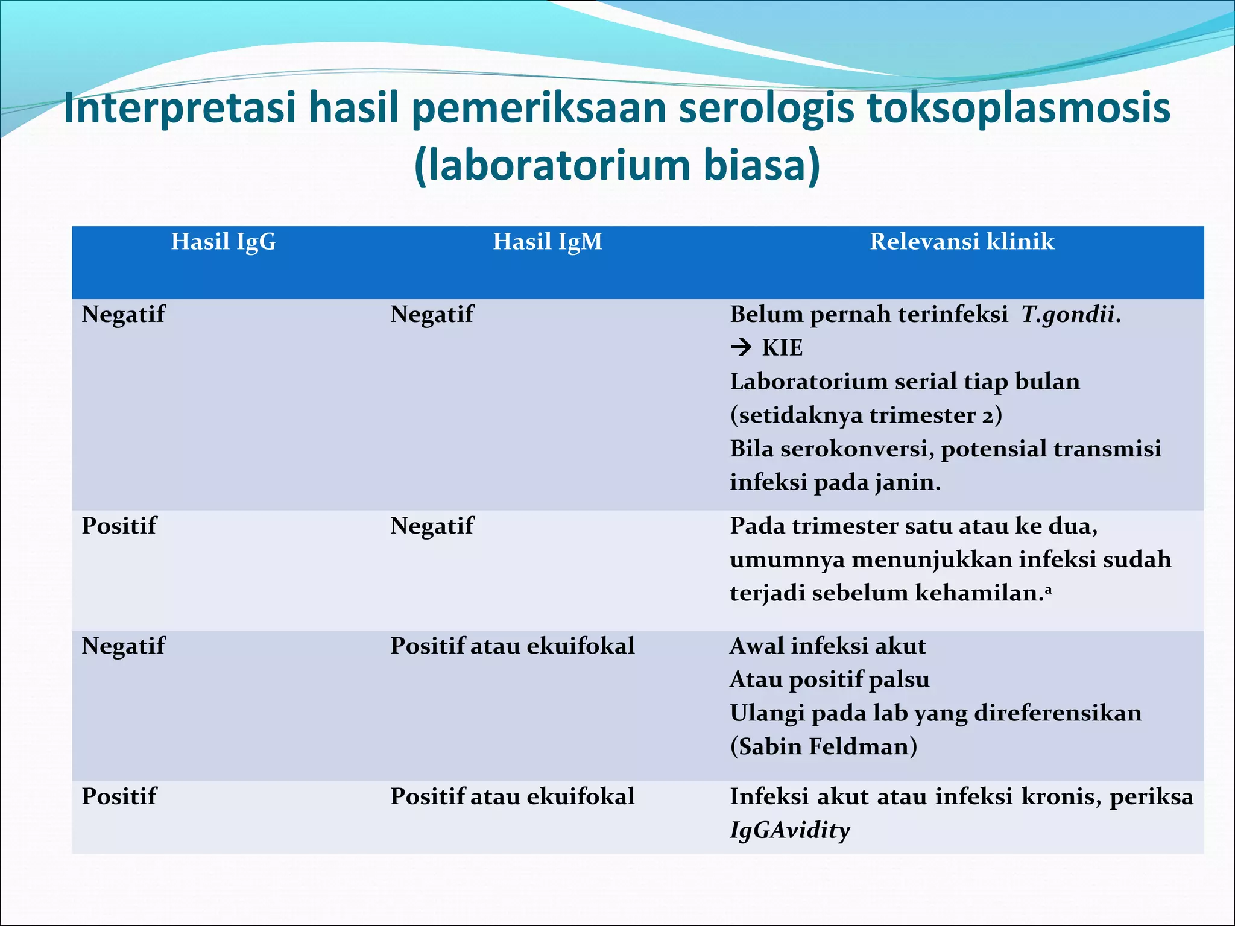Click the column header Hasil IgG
tap(223, 242)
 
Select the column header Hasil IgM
tap(547, 242)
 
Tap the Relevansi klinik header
tap(961, 242)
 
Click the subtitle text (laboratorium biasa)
tap(617, 165)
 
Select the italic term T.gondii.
tap(1070, 315)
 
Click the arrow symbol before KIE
tap(741, 347)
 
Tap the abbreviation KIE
tap(782, 348)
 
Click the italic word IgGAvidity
tap(789, 830)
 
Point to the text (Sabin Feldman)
tap(823, 746)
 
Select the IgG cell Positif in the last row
tap(119, 796)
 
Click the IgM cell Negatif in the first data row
tap(432, 315)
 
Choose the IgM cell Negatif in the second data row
tap(432, 526)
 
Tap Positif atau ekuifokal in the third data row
tap(512, 646)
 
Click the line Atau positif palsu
tap(829, 679)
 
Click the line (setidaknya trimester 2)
tap(865, 415)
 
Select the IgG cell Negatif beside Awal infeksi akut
tap(123, 646)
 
